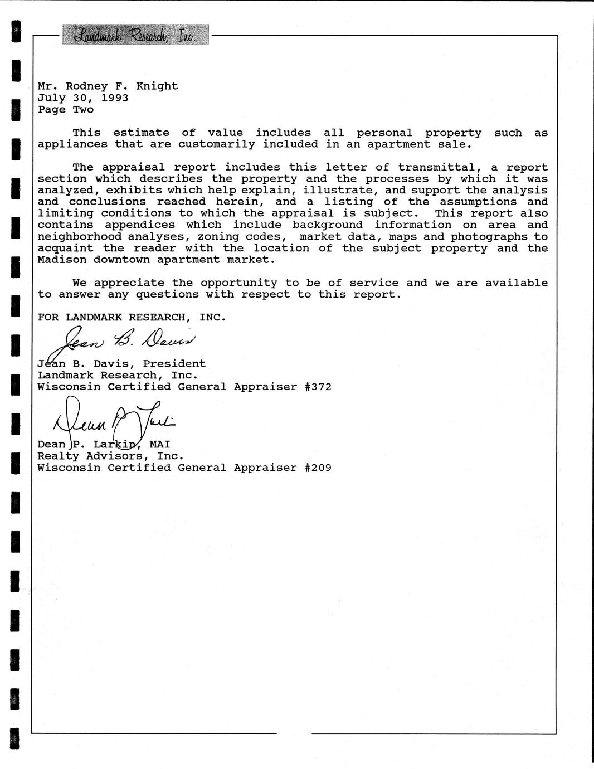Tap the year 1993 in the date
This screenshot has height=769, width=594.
[x=115, y=98]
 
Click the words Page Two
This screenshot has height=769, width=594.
[x=66, y=110]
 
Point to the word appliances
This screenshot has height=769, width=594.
[x=72, y=144]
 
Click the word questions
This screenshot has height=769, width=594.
[x=167, y=295]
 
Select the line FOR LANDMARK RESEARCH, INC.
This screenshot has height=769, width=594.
[x=132, y=318]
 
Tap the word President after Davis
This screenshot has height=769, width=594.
[x=174, y=364]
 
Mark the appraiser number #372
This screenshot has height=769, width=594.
[x=318, y=387]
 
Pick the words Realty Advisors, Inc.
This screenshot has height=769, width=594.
[x=110, y=456]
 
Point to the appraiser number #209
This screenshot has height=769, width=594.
[x=318, y=468]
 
